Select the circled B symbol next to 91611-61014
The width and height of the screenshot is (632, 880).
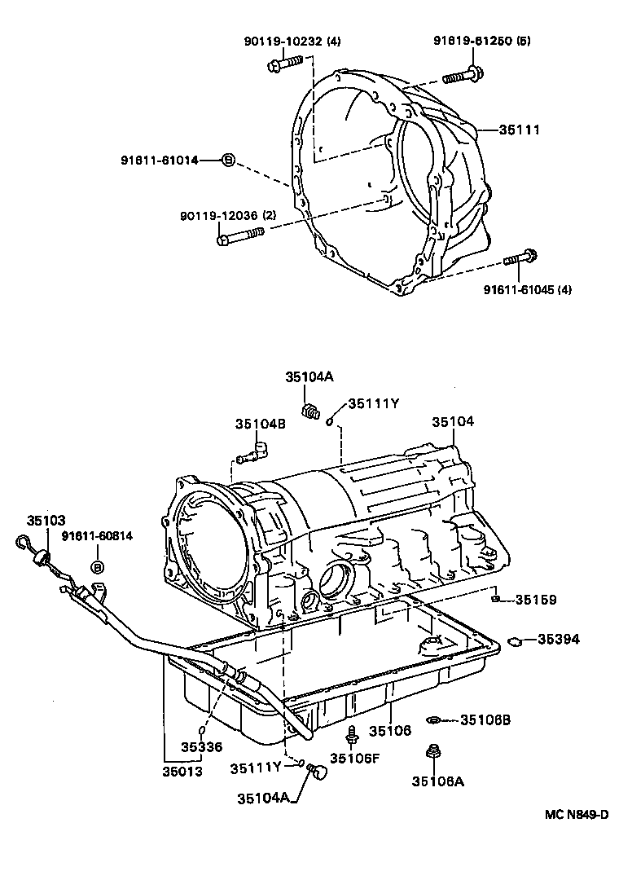[x=228, y=161]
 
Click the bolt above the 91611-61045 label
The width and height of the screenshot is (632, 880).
[x=520, y=259]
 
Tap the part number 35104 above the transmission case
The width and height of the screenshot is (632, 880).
[x=452, y=421]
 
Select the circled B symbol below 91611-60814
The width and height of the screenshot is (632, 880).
[x=97, y=567]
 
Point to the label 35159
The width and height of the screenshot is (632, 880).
[x=535, y=601]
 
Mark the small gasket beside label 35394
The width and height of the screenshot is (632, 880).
[x=514, y=641]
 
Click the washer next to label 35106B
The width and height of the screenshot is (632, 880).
[x=437, y=719]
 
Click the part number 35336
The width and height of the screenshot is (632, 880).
[x=201, y=746]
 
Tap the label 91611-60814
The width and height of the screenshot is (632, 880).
[x=97, y=535]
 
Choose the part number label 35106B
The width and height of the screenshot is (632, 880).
[x=485, y=719]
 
